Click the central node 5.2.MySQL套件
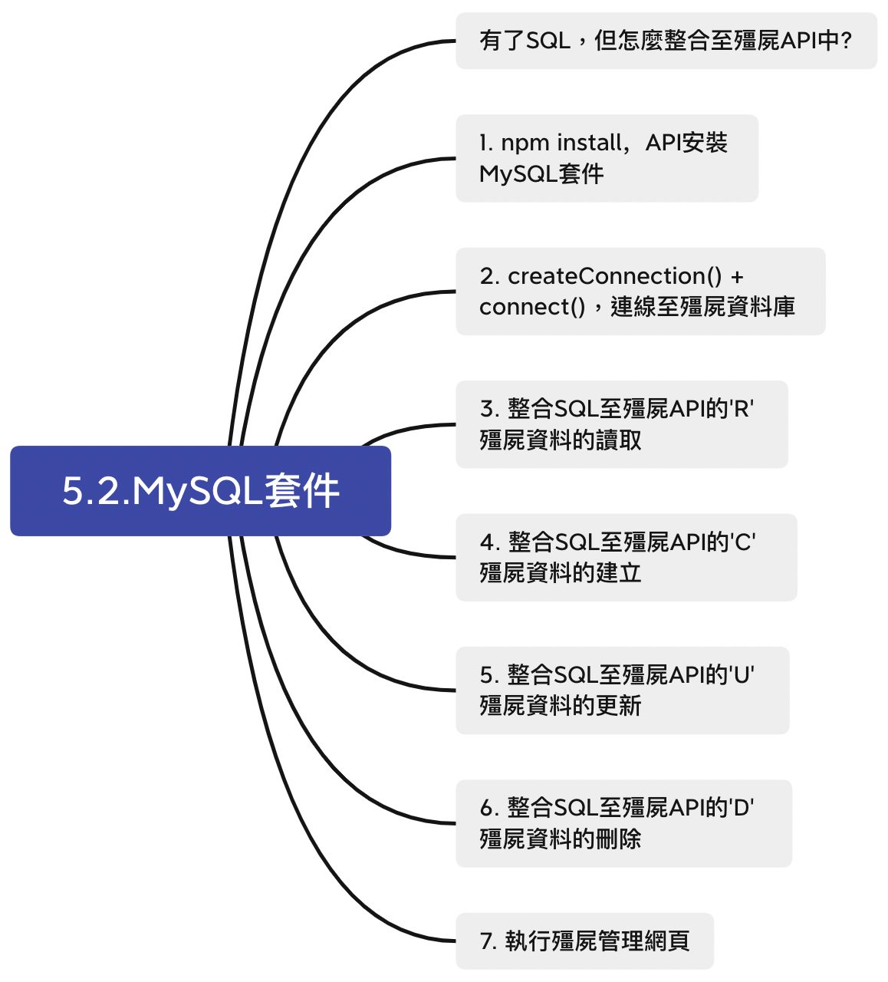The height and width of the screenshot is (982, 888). [x=200, y=491]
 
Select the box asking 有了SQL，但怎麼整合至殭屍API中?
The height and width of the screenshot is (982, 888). [x=666, y=41]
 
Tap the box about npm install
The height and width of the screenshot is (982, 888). [x=607, y=158]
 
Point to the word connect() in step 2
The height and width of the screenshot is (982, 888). [x=532, y=307]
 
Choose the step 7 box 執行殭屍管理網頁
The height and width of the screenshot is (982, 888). [x=584, y=941]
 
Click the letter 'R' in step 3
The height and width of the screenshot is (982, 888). [x=742, y=409]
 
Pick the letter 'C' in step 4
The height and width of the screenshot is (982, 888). [x=744, y=542]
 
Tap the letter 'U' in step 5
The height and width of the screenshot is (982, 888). [x=742, y=675]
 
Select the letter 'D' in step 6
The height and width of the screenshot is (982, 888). [x=742, y=808]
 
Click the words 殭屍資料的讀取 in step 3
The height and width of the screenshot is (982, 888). [x=561, y=440]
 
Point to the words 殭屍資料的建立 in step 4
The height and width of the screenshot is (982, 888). [x=561, y=573]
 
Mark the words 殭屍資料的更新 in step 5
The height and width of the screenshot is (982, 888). [x=561, y=706]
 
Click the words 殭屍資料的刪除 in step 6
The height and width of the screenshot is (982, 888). [x=561, y=839]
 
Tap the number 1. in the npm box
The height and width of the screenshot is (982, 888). [x=485, y=143]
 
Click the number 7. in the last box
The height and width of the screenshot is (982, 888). [x=488, y=941]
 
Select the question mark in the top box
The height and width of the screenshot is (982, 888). [x=846, y=41]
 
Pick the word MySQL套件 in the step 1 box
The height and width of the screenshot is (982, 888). [x=541, y=174]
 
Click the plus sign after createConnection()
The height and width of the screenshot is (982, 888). [x=737, y=277]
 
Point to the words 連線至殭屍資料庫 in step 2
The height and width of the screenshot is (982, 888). [x=702, y=307]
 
